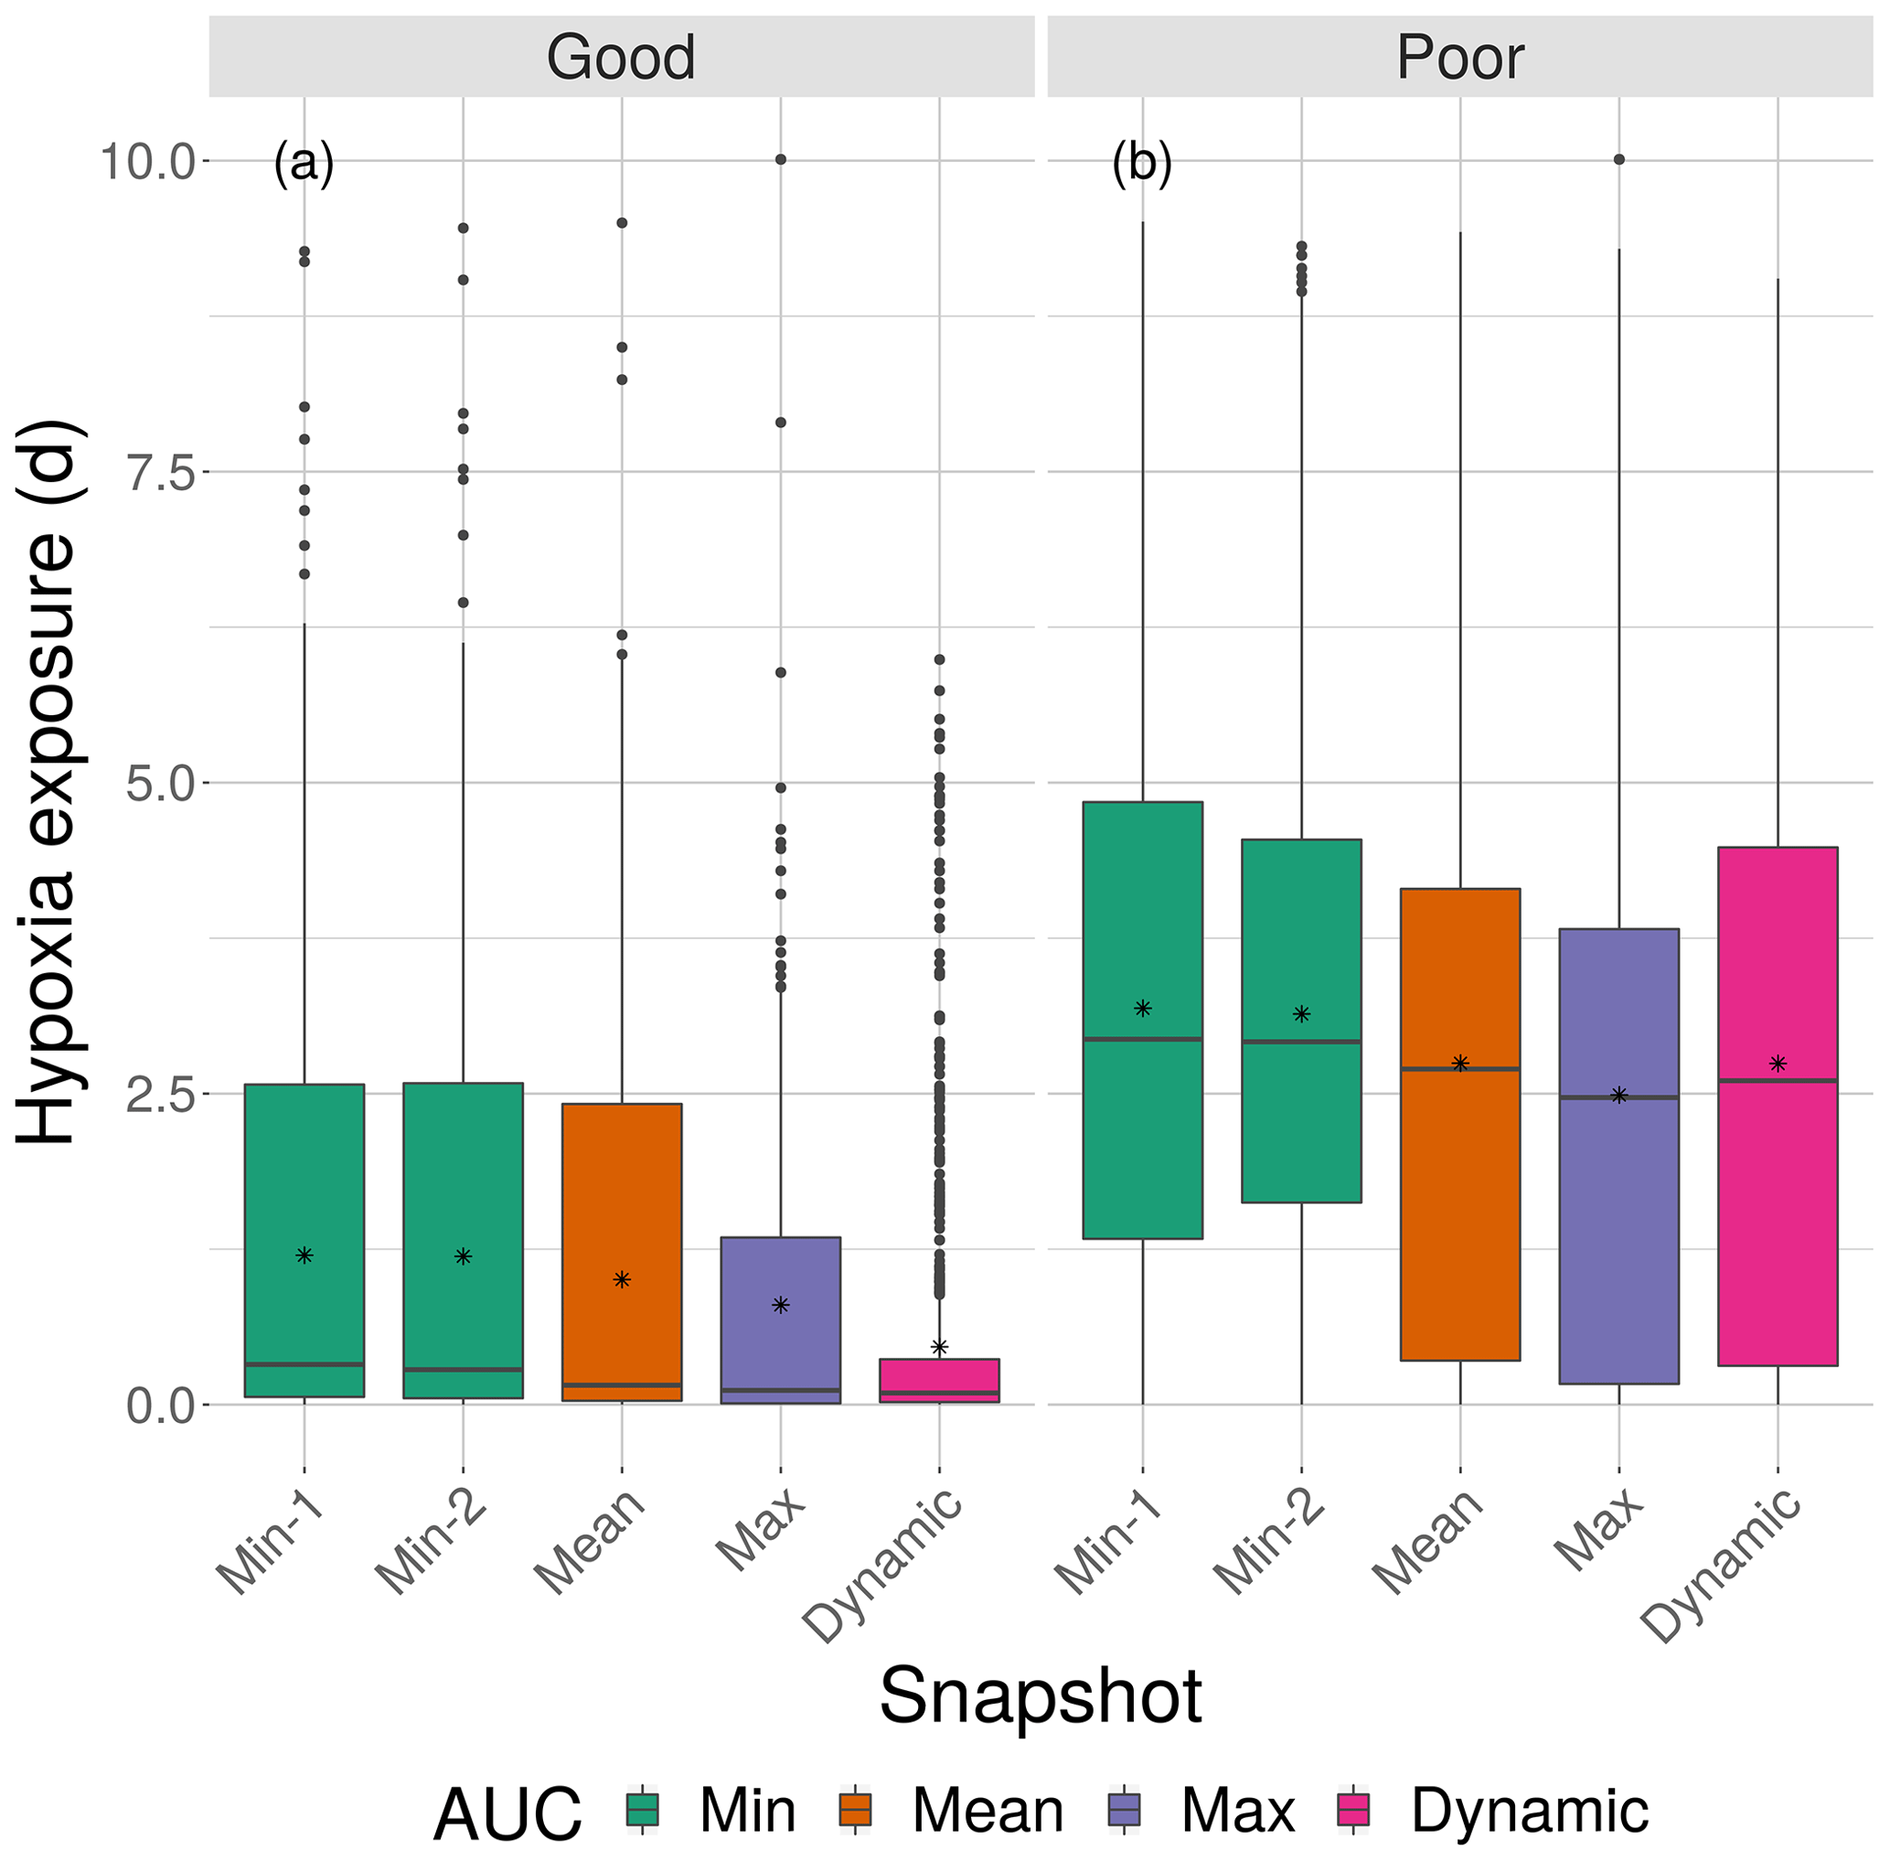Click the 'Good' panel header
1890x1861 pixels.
(621, 57)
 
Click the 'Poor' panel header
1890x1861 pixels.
(1459, 57)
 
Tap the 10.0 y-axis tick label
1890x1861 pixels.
(147, 161)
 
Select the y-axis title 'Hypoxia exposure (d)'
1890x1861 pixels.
(47, 782)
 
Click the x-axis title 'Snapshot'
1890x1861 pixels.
(1040, 1696)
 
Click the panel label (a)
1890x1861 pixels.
(304, 162)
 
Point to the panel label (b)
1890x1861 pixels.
(1141, 162)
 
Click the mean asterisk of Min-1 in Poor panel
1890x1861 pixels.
(1142, 1009)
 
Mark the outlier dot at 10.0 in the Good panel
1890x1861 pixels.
(781, 159)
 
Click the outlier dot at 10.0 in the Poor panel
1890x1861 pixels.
(1618, 159)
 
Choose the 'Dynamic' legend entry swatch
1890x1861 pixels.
(1353, 1810)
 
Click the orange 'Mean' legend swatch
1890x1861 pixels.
(855, 1810)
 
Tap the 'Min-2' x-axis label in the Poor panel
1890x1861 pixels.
(1270, 1545)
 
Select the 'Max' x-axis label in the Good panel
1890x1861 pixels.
(762, 1530)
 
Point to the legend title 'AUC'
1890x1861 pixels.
(507, 1814)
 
